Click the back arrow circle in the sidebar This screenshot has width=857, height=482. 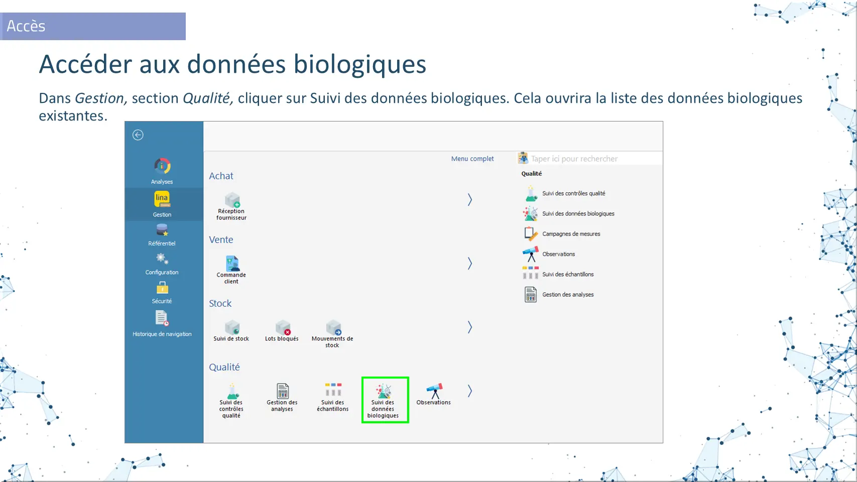[138, 135]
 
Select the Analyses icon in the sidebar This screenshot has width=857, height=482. [162, 166]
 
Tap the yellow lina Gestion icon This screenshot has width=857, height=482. [162, 199]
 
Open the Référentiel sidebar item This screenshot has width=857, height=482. [162, 235]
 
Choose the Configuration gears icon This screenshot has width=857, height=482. [162, 260]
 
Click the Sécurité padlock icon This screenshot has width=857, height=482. [162, 288]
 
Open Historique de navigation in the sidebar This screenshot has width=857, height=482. [162, 324]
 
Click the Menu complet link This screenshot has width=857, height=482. [472, 159]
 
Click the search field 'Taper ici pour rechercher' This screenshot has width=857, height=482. [589, 159]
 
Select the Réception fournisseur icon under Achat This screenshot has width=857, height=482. [232, 200]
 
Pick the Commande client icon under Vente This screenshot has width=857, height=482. [232, 264]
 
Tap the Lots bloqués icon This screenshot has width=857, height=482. [283, 327]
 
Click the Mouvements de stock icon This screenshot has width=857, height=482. [333, 327]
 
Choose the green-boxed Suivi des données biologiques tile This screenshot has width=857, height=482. [385, 400]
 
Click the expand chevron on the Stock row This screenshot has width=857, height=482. [469, 327]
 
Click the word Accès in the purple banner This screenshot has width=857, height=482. [26, 26]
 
